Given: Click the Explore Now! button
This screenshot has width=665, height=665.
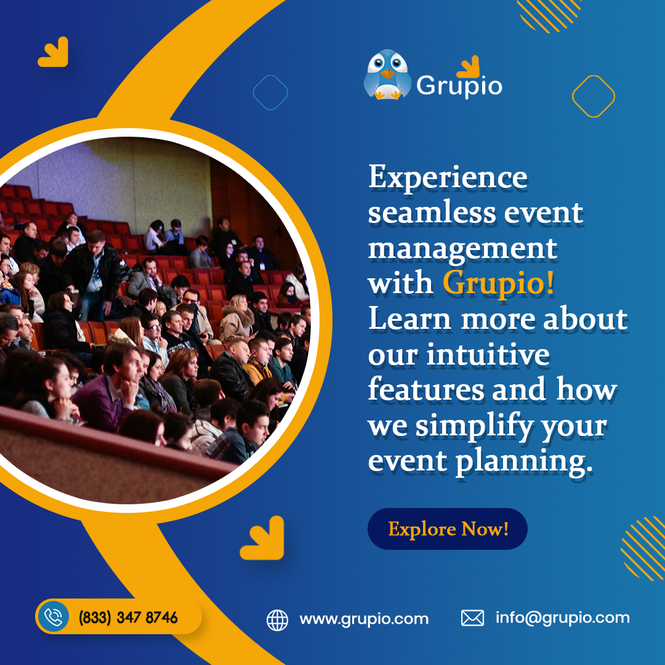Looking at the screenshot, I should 448,529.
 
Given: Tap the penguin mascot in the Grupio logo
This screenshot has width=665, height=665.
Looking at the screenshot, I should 387,75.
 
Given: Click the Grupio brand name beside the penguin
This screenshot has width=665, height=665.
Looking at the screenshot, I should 459,86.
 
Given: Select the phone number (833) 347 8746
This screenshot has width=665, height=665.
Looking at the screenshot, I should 128,617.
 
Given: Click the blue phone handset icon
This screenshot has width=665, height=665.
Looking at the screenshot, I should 54,617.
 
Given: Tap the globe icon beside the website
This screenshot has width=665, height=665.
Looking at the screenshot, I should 277,619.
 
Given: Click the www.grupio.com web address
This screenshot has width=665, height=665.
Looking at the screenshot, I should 364,619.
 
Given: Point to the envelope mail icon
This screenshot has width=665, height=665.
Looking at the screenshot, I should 472,618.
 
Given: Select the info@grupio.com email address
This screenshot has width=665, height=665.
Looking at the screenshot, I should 562,618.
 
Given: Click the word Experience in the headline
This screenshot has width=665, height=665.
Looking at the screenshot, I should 448,179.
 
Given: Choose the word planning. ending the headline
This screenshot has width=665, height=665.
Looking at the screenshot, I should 524,462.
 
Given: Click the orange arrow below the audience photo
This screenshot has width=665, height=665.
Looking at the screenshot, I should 263,538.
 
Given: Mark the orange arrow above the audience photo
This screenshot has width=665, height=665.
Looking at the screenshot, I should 53,52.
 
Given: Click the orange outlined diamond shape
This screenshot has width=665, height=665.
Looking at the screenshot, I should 593,96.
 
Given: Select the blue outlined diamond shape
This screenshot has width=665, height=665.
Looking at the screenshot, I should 270,92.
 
